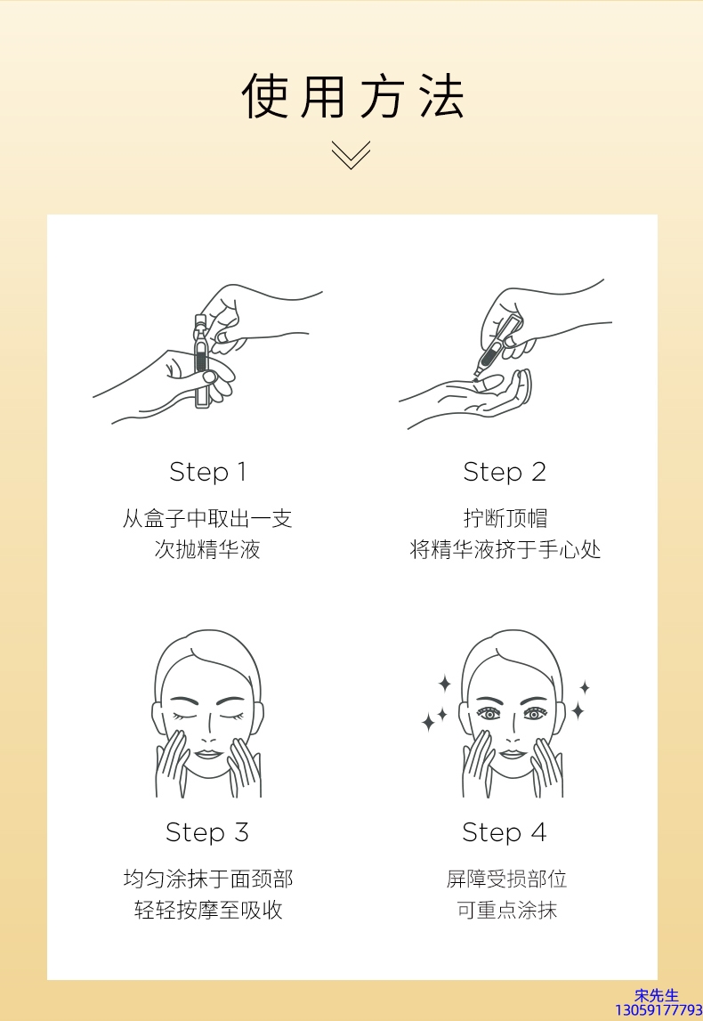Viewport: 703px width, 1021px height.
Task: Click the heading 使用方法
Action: click(352, 96)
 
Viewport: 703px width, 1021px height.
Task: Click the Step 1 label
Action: click(207, 472)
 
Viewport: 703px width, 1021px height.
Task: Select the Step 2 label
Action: click(505, 472)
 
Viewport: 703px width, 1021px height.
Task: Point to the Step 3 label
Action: click(207, 832)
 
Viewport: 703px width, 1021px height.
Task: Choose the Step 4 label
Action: click(505, 832)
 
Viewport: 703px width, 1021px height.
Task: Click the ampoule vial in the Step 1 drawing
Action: click(201, 361)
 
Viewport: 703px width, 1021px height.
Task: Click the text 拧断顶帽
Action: click(505, 518)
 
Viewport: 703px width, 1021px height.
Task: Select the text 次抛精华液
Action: click(207, 549)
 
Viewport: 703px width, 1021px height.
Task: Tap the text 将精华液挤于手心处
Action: click(505, 549)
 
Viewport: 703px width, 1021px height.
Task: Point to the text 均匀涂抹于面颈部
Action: click(208, 879)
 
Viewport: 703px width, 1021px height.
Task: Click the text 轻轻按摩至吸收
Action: click(208, 910)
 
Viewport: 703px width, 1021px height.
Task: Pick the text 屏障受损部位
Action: click(506, 879)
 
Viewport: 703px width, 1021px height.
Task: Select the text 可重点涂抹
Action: click(506, 910)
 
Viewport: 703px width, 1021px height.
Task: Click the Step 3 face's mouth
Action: click(207, 754)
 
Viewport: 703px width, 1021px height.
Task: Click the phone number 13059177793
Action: click(659, 1010)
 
